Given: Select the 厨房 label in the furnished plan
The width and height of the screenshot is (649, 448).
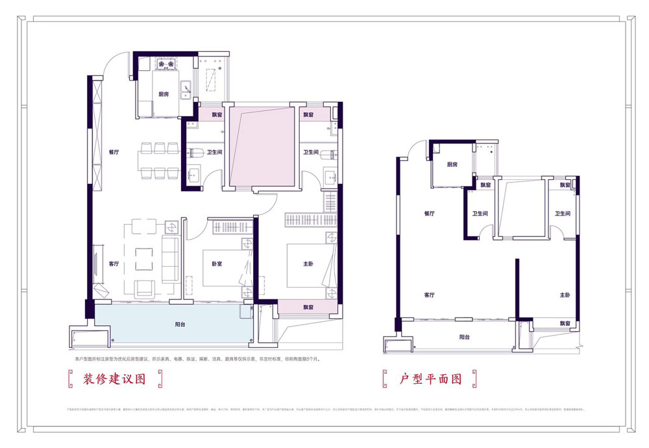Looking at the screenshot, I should (x=164, y=94).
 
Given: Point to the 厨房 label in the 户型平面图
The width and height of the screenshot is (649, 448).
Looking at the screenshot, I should (x=452, y=165).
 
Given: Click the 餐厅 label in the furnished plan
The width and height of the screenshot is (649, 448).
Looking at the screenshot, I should (x=115, y=153).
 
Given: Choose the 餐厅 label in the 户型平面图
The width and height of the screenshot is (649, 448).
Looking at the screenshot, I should (x=428, y=213).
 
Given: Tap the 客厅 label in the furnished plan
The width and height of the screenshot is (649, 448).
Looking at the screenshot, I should (x=114, y=264).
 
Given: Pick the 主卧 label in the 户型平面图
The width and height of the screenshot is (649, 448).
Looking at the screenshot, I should (x=563, y=295).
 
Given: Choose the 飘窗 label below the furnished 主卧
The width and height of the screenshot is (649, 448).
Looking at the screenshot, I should (x=310, y=307).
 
